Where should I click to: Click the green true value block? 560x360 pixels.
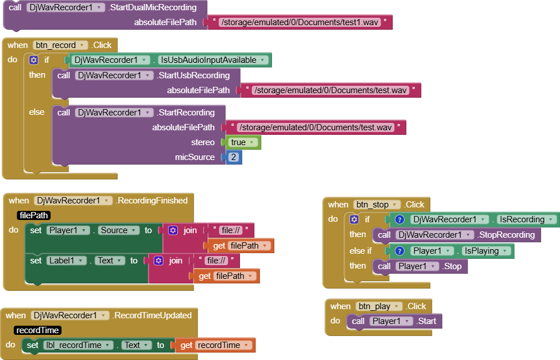click(x=243, y=142)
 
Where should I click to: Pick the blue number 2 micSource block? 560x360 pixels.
click(x=233, y=157)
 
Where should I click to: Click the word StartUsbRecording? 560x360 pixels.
click(x=193, y=75)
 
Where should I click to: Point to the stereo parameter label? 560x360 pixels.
click(x=203, y=142)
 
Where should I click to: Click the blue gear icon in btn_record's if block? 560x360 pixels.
click(x=34, y=60)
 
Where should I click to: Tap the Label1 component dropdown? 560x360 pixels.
click(x=66, y=261)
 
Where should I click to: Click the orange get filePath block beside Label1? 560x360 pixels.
click(x=226, y=276)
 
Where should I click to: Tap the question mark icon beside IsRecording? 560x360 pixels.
click(x=400, y=219)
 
